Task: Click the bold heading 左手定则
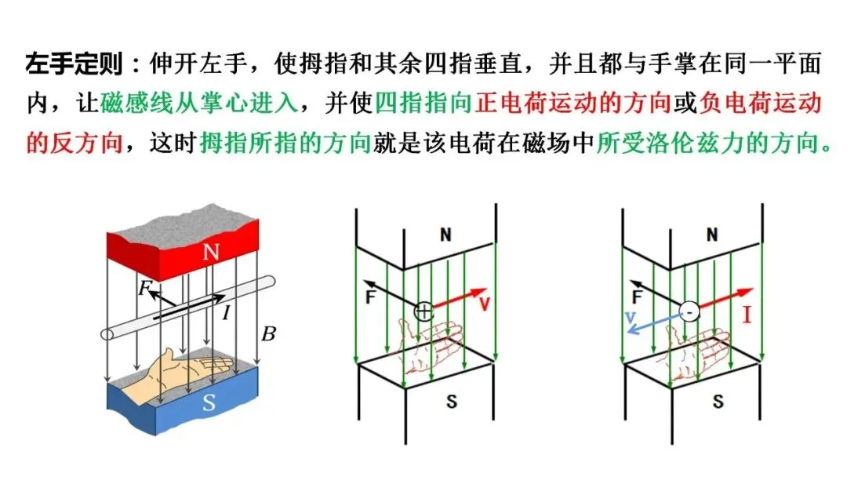point(74,64)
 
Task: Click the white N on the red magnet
point(211,251)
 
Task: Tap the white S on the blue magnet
point(209,402)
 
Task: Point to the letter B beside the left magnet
point(268,334)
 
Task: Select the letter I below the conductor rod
point(227,311)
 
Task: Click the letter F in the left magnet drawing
point(144,288)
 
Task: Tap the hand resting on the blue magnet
point(177,373)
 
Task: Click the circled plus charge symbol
point(424,311)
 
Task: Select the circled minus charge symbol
point(689,311)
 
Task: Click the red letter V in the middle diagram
point(484,303)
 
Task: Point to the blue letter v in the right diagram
point(630,318)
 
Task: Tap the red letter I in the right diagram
point(747,313)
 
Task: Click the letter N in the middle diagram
point(445,235)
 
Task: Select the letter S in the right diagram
point(718,402)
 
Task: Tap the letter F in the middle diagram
point(370,297)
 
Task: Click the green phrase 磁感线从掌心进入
point(199,104)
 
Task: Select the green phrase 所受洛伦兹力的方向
point(708,143)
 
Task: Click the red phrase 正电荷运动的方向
point(573,104)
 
